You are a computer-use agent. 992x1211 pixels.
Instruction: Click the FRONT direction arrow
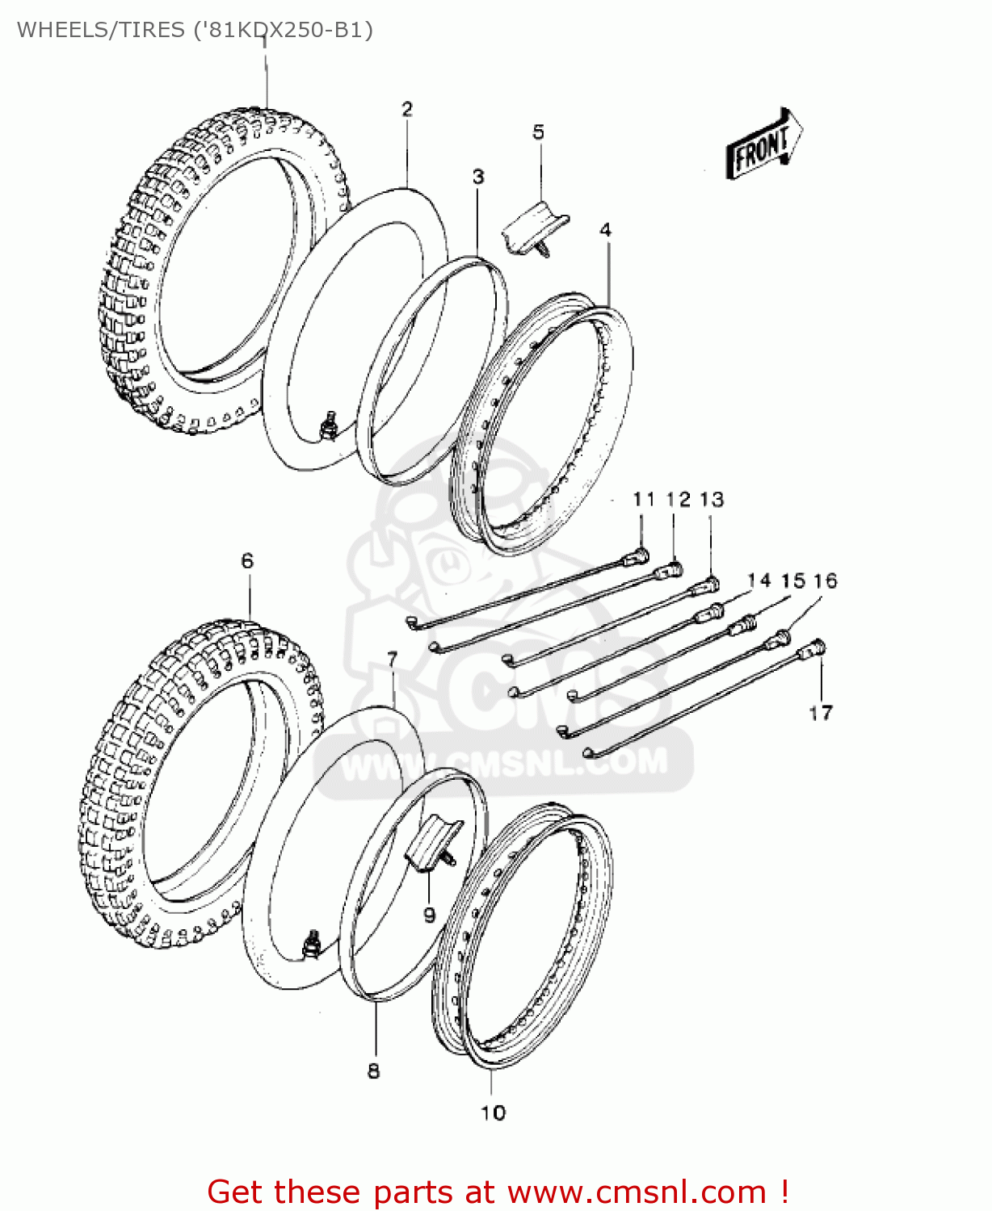click(764, 145)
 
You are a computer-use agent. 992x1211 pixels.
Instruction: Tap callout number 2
click(407, 109)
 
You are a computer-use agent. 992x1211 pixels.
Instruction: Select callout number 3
click(478, 176)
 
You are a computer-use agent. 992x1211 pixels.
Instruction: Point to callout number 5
click(539, 132)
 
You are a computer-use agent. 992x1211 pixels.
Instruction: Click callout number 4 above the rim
click(606, 230)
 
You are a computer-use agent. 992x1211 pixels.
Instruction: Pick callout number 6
click(247, 560)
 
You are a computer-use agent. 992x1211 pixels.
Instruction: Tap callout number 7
click(393, 660)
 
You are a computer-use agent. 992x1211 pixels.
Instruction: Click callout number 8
click(373, 1071)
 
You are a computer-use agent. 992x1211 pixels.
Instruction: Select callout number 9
click(430, 915)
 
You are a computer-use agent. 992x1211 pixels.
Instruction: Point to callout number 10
click(493, 1113)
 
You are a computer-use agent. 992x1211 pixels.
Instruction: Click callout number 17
click(821, 713)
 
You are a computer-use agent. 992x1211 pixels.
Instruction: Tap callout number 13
click(712, 500)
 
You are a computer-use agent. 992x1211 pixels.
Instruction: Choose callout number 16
click(826, 580)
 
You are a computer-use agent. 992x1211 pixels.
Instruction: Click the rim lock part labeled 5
click(535, 228)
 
